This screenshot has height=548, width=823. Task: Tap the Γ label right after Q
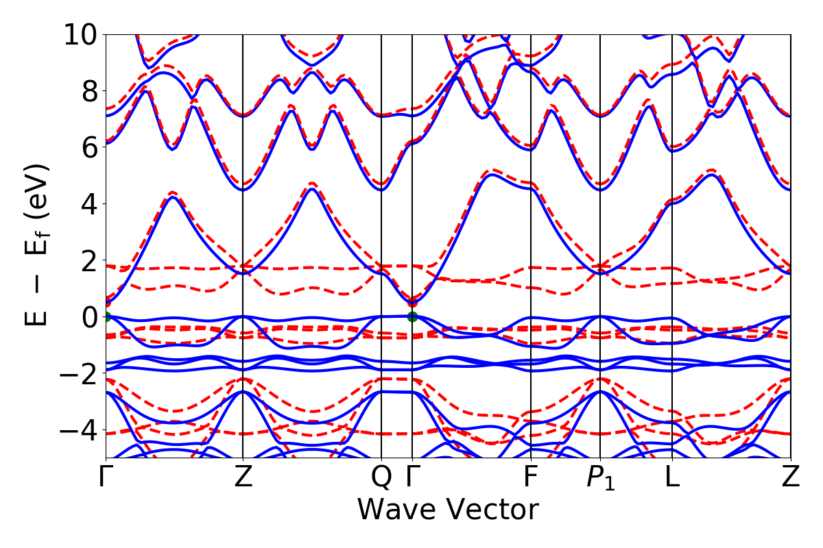coord(412,477)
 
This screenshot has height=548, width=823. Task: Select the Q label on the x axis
coord(381,477)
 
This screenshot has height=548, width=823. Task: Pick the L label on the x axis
coord(671,477)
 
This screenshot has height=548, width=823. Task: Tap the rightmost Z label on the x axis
coord(791,477)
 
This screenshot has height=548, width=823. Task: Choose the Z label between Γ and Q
coord(243,477)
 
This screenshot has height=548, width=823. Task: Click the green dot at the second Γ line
coord(412,316)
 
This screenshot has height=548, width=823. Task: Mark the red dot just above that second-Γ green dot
coord(412,303)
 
